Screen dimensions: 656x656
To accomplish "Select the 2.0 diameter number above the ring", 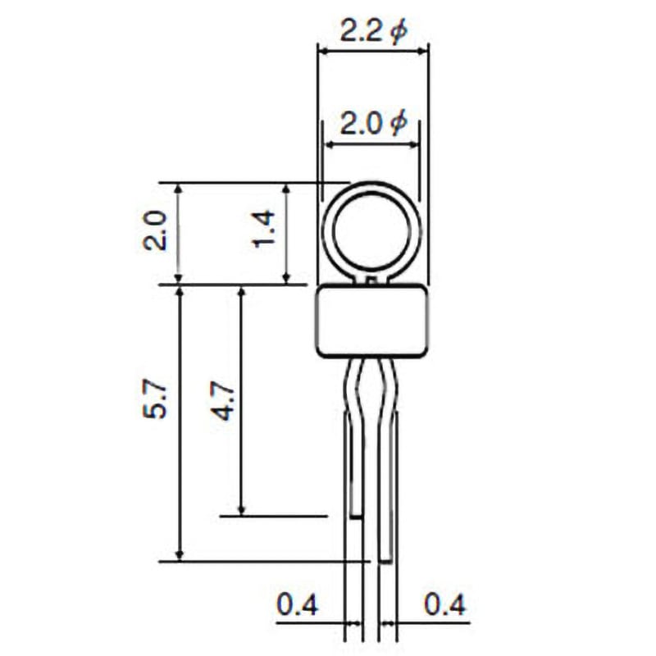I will [x=361, y=125].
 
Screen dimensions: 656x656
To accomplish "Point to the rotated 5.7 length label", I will [x=155, y=399].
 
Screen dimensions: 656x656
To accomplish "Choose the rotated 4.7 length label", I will [x=223, y=399].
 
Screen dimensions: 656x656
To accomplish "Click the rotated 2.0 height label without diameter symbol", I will [x=156, y=230].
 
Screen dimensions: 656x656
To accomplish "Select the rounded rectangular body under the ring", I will [x=371, y=321].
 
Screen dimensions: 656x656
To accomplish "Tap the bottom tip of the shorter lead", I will [x=356, y=515].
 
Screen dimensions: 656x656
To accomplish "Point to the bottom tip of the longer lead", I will [x=385, y=560].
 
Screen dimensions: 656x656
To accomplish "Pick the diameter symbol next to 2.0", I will [x=397, y=124].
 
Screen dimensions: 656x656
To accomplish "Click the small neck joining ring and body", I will [x=371, y=280].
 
